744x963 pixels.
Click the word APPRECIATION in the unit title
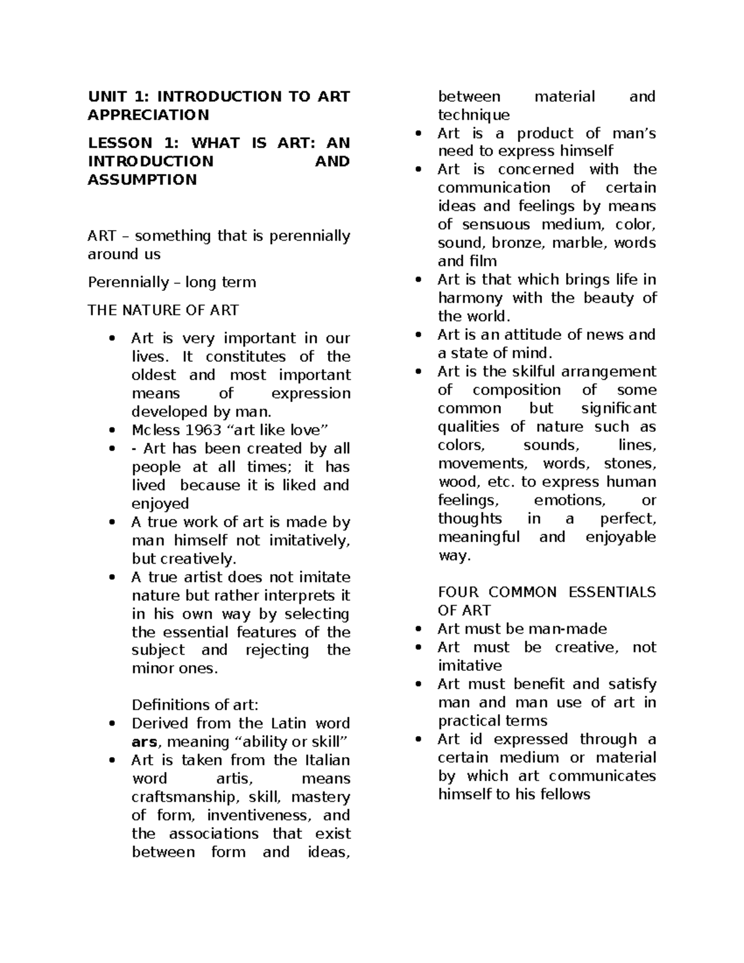[x=148, y=115]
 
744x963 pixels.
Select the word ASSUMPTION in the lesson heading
[x=142, y=180]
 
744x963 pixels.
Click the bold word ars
[x=144, y=742]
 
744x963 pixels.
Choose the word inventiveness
[x=259, y=815]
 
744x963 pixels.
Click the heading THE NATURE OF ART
[x=162, y=310]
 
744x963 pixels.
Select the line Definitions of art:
[x=195, y=705]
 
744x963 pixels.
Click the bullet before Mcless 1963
[x=112, y=430]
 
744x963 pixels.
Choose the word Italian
[x=327, y=760]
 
